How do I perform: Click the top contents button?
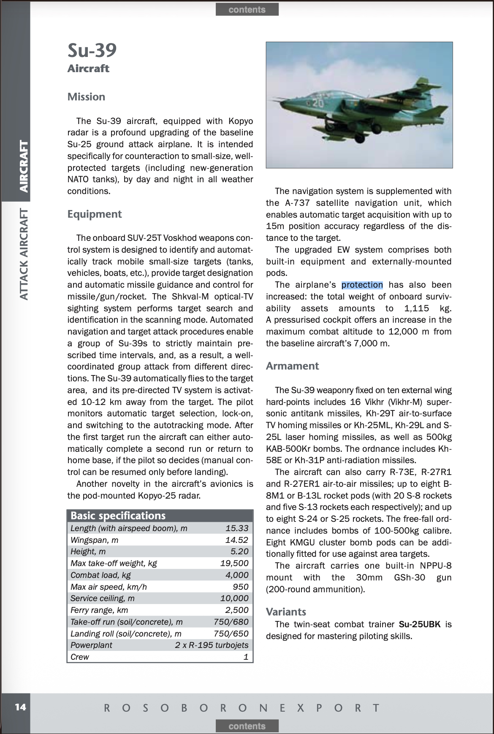pos(247,9)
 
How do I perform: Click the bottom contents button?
pos(247,726)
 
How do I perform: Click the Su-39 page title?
pos(92,51)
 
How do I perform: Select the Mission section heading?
pos(86,97)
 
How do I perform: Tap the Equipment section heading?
pos(95,214)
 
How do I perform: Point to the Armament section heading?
pos(292,366)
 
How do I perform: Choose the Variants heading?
pos(286,612)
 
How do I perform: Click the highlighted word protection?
pos(362,285)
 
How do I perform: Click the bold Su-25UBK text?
pos(419,624)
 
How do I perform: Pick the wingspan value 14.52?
pos(237,540)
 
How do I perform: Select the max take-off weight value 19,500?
pos(234,563)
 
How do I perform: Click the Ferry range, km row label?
pos(99,610)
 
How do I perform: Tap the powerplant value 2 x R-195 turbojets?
pos(212,645)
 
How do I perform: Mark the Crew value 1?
pos(246,657)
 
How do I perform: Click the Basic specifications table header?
pos(118,515)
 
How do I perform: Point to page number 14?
pos(20,707)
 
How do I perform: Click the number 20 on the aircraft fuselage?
pos(317,103)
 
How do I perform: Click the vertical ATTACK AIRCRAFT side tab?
pos(24,254)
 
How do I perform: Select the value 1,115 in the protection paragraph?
pos(416,308)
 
